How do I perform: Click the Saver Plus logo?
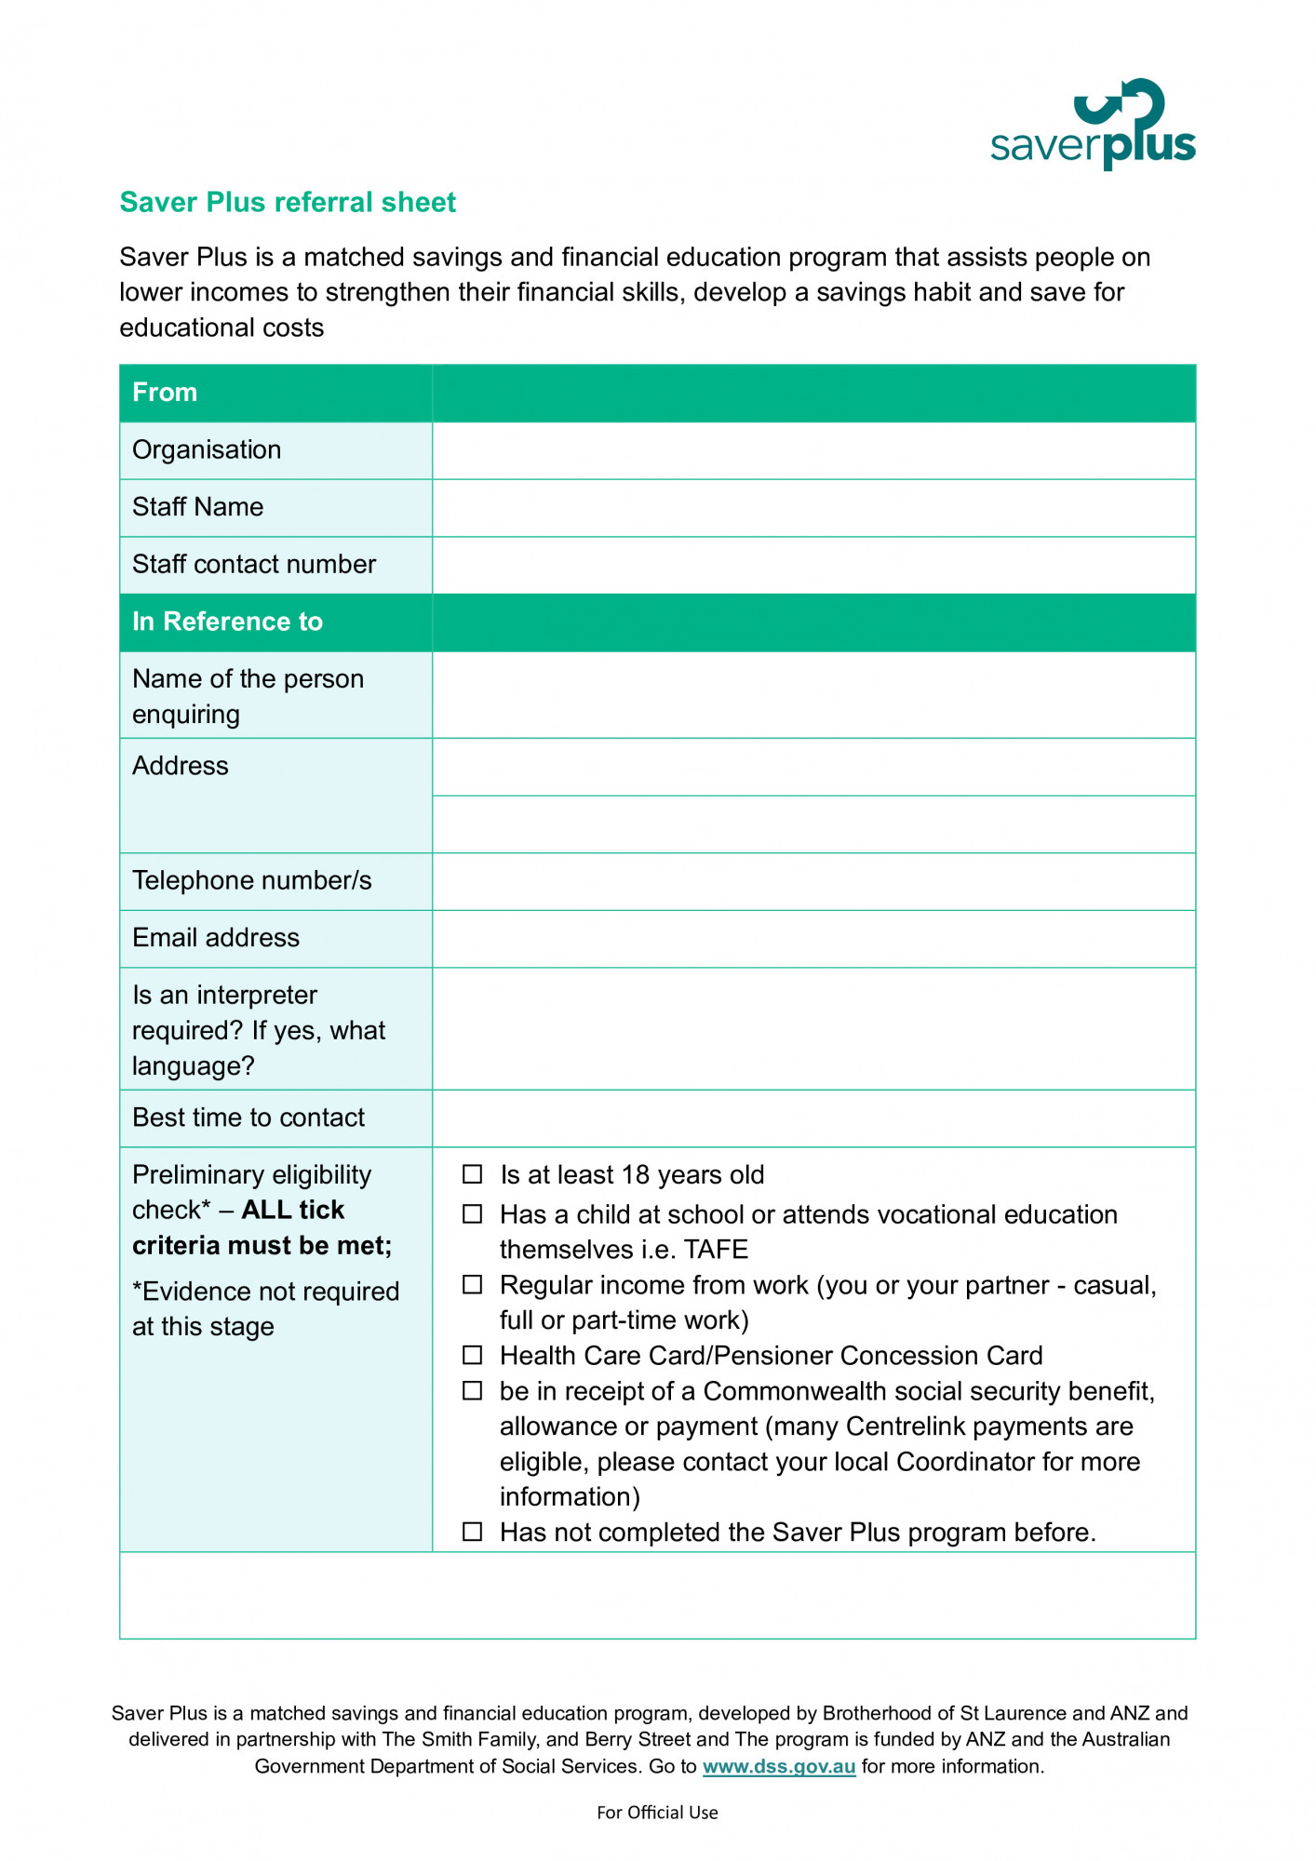coord(1093,125)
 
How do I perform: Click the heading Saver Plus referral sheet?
coord(288,202)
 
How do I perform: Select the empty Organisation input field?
coord(813,450)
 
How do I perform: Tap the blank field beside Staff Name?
coord(813,508)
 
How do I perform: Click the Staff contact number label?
coord(254,564)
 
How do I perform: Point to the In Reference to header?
coord(227,622)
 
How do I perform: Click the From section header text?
coord(165,393)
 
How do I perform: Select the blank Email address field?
coord(813,939)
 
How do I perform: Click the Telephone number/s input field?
coord(813,881)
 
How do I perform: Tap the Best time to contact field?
coord(813,1118)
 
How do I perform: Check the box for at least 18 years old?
coord(473,1174)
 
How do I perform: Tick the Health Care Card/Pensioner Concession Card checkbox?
coord(473,1355)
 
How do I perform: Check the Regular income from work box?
coord(473,1285)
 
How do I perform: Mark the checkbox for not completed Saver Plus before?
coord(473,1532)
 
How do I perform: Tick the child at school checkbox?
coord(473,1214)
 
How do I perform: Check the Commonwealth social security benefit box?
coord(473,1390)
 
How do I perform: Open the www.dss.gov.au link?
coord(778,1766)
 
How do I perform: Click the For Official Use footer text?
coord(657,1813)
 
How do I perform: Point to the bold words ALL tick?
coord(292,1210)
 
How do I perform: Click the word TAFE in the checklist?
coord(716,1250)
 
